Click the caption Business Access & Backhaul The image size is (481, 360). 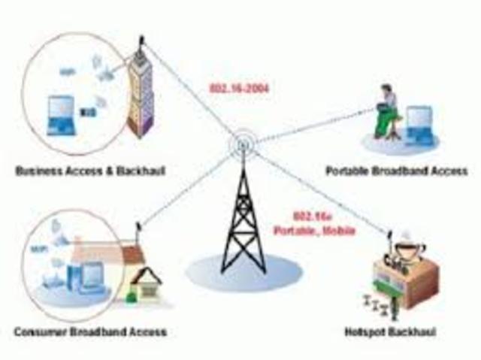pos(89,172)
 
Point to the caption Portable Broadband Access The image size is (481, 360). pos(396,172)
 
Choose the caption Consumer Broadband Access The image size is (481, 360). pos(89,331)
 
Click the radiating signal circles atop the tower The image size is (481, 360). pos(243,142)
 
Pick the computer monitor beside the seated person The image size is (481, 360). pos(418,122)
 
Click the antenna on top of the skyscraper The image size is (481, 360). pos(141,41)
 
